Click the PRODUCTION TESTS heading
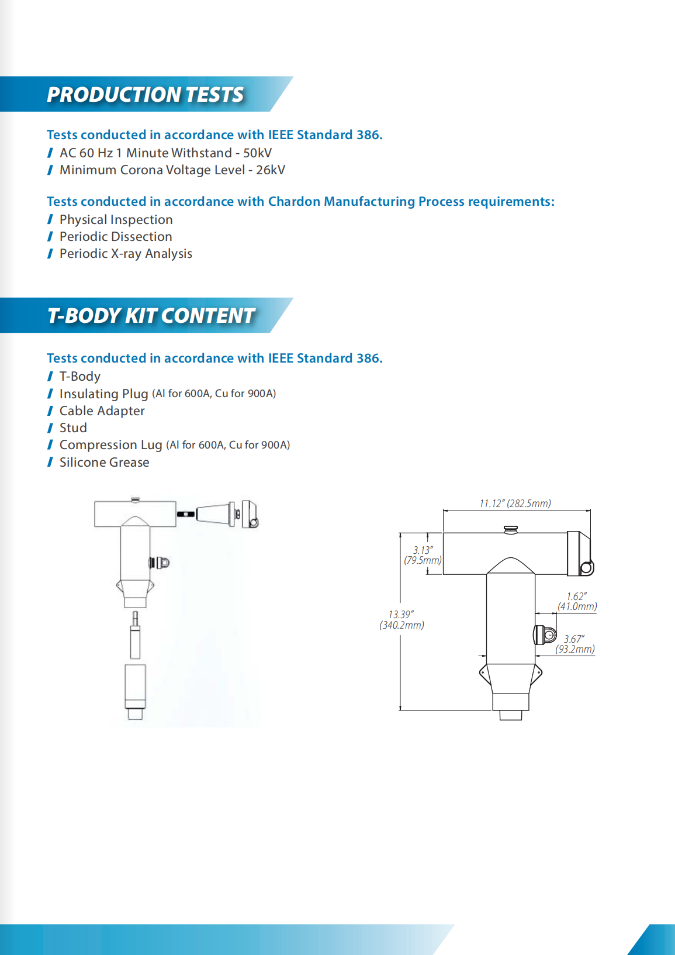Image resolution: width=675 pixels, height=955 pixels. pyautogui.click(x=145, y=95)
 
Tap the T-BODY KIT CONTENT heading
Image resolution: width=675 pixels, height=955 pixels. pyautogui.click(x=151, y=316)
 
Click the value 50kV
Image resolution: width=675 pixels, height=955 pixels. pyautogui.click(x=257, y=153)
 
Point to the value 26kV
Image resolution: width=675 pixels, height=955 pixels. pyautogui.click(x=271, y=170)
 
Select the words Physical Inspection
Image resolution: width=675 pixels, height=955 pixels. pyautogui.click(x=116, y=220)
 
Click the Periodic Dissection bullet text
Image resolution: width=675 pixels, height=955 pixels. pyautogui.click(x=116, y=237)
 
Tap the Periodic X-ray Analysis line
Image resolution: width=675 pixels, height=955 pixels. pyautogui.click(x=126, y=254)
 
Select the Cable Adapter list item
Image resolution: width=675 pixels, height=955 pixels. pyautogui.click(x=102, y=411)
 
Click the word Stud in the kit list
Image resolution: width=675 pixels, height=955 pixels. pyautogui.click(x=73, y=428)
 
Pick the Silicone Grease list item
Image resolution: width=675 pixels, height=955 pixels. pyautogui.click(x=104, y=463)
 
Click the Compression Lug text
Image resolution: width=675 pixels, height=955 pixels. pyautogui.click(x=110, y=445)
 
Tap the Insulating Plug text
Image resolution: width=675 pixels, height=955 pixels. pyautogui.click(x=103, y=394)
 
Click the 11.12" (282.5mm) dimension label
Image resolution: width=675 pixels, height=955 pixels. pyautogui.click(x=515, y=504)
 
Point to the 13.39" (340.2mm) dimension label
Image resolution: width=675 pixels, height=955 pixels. pyautogui.click(x=401, y=620)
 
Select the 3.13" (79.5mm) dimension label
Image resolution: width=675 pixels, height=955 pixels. pyautogui.click(x=423, y=556)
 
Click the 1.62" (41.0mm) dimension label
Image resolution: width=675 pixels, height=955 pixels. pyautogui.click(x=577, y=602)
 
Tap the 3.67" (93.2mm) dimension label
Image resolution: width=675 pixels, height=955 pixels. pyautogui.click(x=575, y=644)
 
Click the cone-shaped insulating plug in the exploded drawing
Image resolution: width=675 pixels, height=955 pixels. pyautogui.click(x=213, y=514)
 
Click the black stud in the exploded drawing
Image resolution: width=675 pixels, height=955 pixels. pyautogui.click(x=186, y=514)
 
